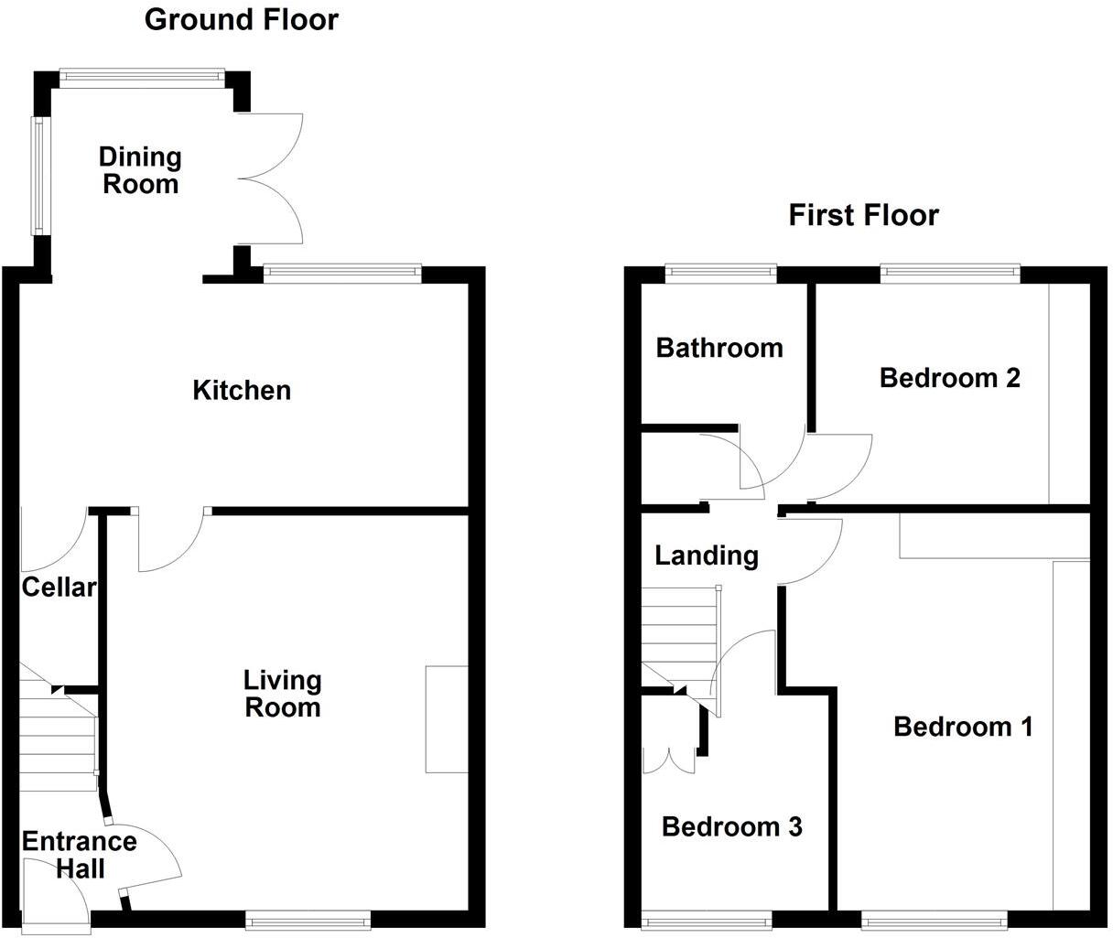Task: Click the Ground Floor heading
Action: coord(241,19)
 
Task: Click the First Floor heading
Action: coord(863,215)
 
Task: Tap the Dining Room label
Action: coord(140,170)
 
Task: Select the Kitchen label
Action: coord(242,390)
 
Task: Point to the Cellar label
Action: coord(59,587)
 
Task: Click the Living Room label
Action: coord(283,694)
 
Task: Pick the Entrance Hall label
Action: coord(80,854)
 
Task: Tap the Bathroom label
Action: coord(719,348)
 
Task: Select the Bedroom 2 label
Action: coord(949,377)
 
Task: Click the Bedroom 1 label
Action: coord(963,727)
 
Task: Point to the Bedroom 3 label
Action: coord(731,827)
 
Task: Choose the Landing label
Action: coord(707,555)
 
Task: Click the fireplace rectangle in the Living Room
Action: coord(447,719)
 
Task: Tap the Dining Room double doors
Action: coord(273,178)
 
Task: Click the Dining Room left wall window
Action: coord(39,174)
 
